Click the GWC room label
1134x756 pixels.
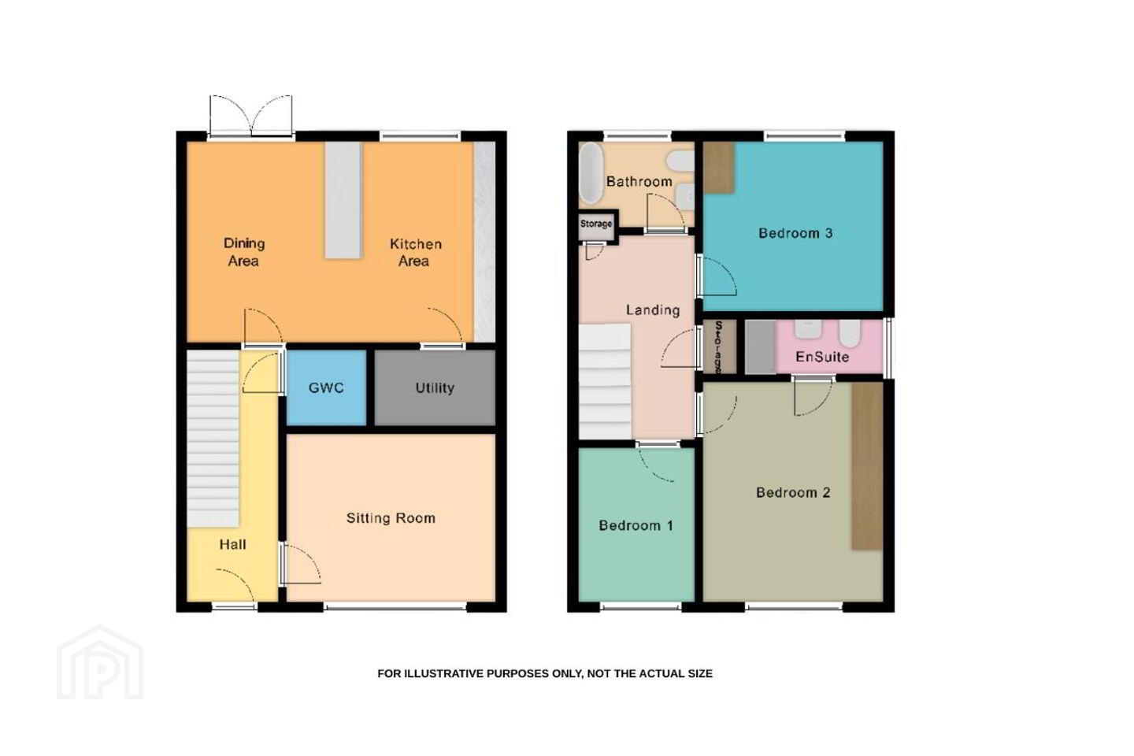[326, 388]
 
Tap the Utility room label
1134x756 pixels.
[435, 388]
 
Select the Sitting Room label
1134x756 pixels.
[391, 518]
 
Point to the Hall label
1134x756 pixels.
[233, 544]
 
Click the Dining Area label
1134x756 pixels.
[244, 252]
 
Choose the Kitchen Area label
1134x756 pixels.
[415, 253]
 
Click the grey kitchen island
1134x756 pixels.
[343, 200]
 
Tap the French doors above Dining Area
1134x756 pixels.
[251, 116]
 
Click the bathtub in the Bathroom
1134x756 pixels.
[591, 173]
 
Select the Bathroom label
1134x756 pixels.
[639, 181]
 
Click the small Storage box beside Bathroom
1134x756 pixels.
[596, 224]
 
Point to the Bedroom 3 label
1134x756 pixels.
[795, 233]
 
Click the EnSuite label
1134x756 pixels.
[822, 357]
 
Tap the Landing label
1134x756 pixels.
[653, 310]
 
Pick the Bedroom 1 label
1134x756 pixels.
[636, 525]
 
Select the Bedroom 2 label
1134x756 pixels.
[793, 493]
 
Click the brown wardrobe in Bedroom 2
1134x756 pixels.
[867, 466]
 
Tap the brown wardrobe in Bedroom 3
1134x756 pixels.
[719, 168]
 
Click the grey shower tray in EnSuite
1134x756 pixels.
[761, 346]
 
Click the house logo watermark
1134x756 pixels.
[100, 662]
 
